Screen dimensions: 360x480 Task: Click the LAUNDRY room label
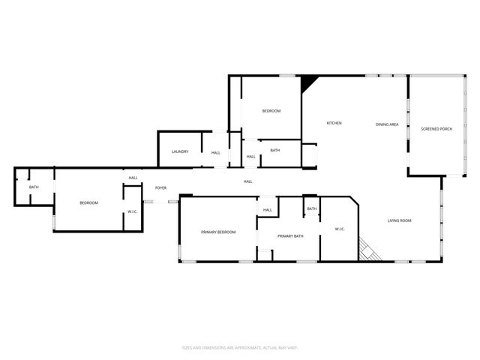[179, 152]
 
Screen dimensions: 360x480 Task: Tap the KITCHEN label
[334, 123]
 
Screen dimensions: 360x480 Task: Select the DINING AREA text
[387, 124]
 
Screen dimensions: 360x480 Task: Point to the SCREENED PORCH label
[435, 129]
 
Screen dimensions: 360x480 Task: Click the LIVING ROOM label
[400, 220]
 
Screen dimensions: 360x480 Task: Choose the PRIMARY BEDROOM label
[218, 232]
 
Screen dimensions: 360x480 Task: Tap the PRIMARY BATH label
[290, 237]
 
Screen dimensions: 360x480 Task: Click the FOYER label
[160, 187]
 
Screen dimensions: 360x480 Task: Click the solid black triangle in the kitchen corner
[307, 82]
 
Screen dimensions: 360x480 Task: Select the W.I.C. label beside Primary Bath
[339, 228]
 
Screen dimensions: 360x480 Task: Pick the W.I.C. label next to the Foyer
[132, 211]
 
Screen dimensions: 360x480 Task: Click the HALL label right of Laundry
[215, 153]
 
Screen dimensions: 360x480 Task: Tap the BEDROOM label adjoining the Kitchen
[271, 111]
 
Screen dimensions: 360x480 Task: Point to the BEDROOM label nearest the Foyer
[89, 203]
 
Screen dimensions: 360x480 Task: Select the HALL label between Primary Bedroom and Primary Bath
[267, 210]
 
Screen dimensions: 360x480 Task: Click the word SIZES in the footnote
[187, 347]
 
